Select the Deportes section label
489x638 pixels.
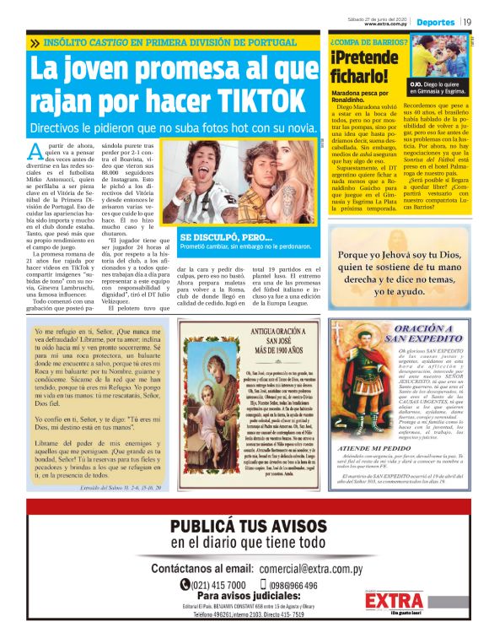435,22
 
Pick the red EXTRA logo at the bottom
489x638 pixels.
395,600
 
